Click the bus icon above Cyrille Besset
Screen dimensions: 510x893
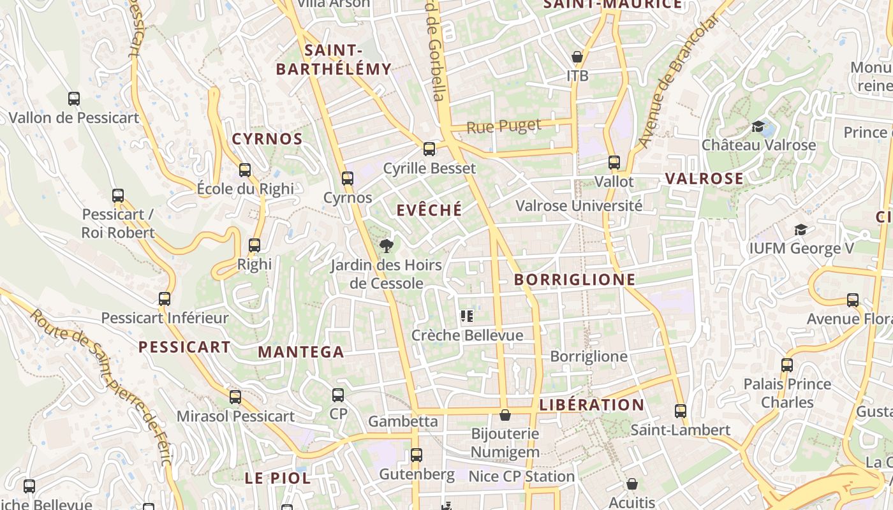point(429,149)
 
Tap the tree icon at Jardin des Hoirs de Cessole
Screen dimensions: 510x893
point(386,245)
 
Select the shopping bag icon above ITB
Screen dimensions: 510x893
point(577,57)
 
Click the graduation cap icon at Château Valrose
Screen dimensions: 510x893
point(758,126)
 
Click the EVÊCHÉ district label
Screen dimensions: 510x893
point(429,210)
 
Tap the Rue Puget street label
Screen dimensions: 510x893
point(504,126)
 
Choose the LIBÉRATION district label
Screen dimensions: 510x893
point(592,405)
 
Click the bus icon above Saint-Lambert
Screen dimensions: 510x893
point(681,411)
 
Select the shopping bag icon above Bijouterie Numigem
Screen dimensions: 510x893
point(505,415)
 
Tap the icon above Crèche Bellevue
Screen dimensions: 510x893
point(467,316)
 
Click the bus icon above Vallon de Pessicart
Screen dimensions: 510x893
point(74,99)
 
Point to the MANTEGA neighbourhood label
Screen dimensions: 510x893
point(301,352)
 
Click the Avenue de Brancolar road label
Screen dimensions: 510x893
point(679,82)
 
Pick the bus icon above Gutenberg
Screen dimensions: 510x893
point(417,455)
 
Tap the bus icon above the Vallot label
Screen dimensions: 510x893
point(614,163)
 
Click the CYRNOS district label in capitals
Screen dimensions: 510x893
point(267,139)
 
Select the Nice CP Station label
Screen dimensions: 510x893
point(522,476)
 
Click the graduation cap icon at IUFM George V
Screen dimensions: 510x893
point(801,229)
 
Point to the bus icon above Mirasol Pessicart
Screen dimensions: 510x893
point(235,397)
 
